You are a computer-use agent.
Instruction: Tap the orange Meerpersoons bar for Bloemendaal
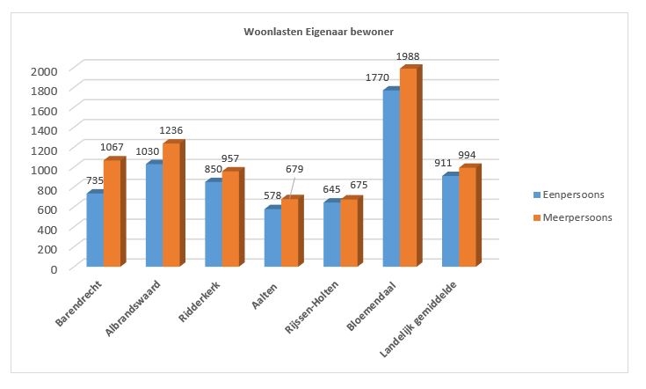[408, 167]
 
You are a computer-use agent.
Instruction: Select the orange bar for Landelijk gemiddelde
[467, 217]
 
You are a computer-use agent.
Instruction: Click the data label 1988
[408, 57]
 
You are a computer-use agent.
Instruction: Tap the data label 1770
[378, 78]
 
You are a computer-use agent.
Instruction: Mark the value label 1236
[171, 130]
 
